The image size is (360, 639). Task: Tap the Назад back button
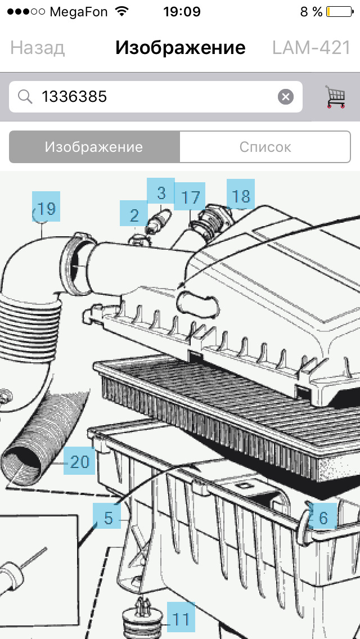tap(37, 48)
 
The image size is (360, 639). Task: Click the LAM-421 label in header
tap(311, 48)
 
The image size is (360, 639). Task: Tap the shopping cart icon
tap(336, 97)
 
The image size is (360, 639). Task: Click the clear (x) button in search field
tap(285, 97)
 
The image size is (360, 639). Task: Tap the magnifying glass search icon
tap(25, 97)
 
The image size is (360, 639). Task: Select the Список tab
tap(265, 147)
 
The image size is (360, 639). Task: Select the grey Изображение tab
tap(94, 147)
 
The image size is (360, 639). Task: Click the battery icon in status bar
tap(340, 12)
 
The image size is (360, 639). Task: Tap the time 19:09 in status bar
tap(182, 12)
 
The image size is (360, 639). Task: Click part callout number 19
tap(46, 206)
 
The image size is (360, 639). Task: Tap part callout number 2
tap(134, 213)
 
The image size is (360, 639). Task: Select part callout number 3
tap(161, 191)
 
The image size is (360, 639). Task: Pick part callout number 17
tap(190, 196)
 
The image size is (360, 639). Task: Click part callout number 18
tap(241, 193)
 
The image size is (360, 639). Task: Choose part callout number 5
tap(107, 516)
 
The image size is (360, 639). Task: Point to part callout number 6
tap(322, 515)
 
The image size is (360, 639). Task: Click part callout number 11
tap(181, 618)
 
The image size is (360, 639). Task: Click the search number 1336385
tap(74, 97)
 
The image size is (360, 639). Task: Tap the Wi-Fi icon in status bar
tap(121, 11)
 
